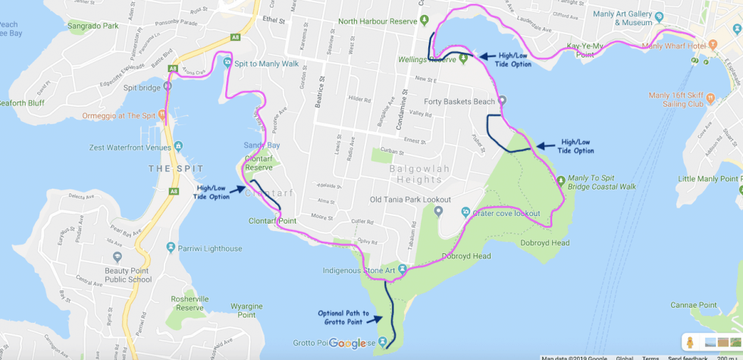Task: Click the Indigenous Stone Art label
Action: pos(359,270)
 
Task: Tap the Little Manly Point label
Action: pos(710,179)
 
